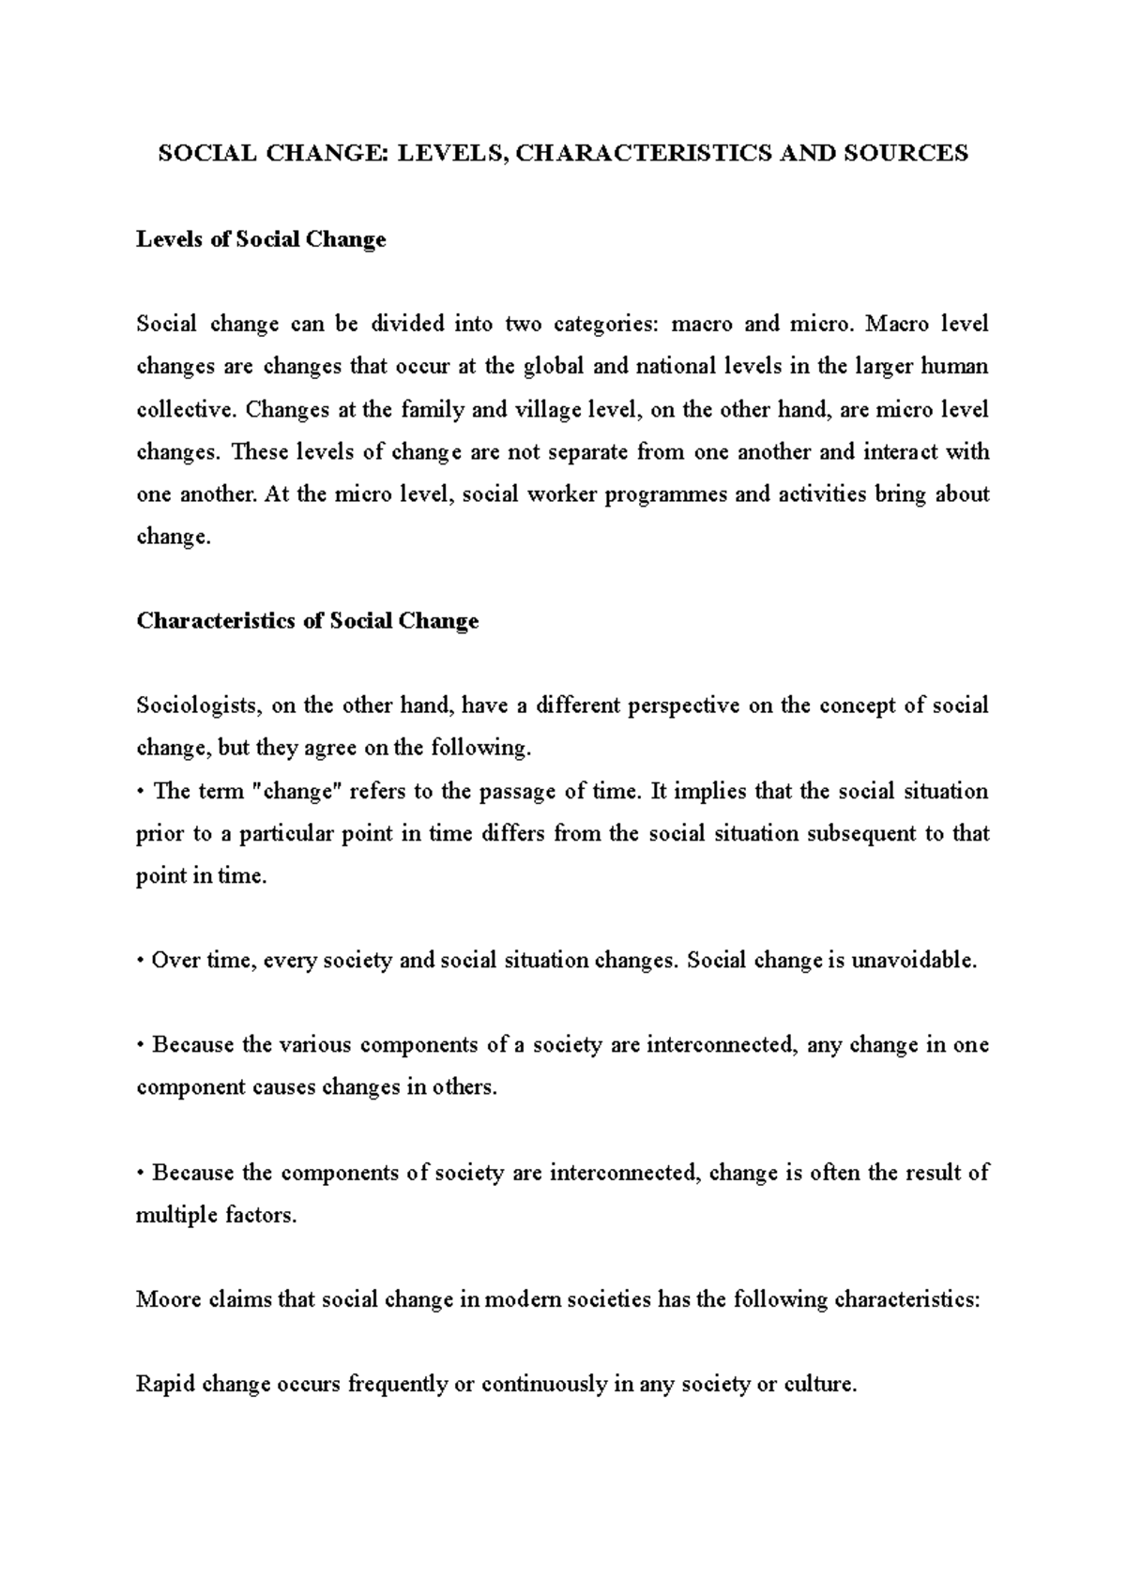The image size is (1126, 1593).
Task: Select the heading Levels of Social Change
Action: pos(261,239)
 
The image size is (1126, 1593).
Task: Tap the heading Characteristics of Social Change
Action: pos(307,621)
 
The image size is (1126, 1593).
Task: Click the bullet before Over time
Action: pos(141,962)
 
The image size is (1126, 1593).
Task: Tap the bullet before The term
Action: pos(141,792)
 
